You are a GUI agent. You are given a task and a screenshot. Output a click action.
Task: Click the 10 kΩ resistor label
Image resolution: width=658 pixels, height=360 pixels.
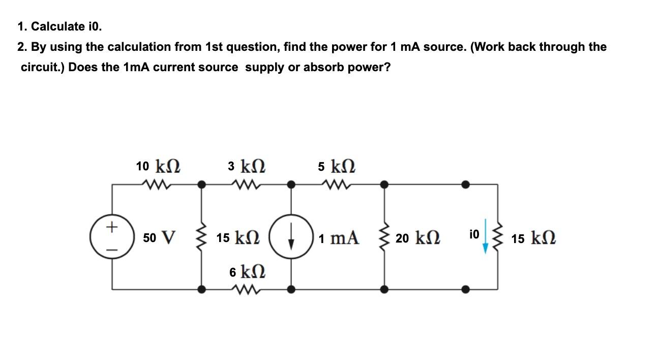pyautogui.click(x=158, y=166)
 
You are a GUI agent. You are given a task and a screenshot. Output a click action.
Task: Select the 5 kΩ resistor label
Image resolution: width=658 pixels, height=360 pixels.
pyautogui.click(x=337, y=166)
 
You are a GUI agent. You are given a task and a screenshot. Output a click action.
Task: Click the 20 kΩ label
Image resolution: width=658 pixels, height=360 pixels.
pyautogui.click(x=418, y=237)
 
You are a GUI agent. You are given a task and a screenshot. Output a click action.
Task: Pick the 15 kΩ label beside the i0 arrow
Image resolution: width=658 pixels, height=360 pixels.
pyautogui.click(x=533, y=238)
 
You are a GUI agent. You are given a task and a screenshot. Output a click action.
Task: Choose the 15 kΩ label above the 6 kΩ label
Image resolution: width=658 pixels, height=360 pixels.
pyautogui.click(x=238, y=237)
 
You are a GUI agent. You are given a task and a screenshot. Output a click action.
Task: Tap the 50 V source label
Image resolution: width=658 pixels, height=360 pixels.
pyautogui.click(x=159, y=237)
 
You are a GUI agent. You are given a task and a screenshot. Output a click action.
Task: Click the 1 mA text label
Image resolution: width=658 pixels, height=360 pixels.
pyautogui.click(x=339, y=237)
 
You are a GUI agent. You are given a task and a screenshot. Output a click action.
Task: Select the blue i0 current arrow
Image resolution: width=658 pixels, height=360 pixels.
pyautogui.click(x=486, y=236)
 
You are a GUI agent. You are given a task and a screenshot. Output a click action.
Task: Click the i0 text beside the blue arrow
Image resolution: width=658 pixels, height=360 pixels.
pyautogui.click(x=473, y=234)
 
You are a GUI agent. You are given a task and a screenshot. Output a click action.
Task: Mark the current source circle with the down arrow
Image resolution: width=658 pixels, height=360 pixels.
pyautogui.click(x=291, y=237)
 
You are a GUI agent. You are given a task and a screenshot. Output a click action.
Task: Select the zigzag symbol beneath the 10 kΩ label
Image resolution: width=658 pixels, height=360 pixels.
pyautogui.click(x=158, y=184)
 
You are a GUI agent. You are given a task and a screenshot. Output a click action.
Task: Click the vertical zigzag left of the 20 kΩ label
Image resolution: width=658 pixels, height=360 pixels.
pyautogui.click(x=384, y=237)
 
